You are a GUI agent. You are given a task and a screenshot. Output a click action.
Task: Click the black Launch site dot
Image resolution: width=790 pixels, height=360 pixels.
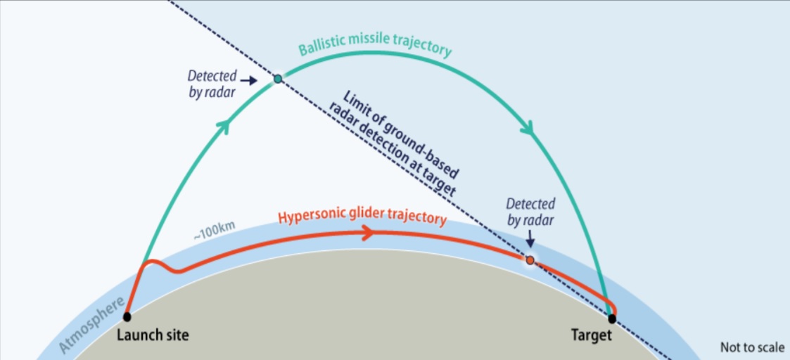[127, 316]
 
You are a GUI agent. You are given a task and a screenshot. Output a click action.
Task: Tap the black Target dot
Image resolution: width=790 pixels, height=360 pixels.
[612, 319]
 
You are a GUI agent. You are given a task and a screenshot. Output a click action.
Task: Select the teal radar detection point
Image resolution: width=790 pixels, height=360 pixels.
[278, 79]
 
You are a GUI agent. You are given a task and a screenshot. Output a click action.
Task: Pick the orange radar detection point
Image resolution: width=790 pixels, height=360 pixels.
[530, 259]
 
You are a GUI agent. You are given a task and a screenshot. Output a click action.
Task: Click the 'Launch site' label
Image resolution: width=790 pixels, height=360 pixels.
[148, 335]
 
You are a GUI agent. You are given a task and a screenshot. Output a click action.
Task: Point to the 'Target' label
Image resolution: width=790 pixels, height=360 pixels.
[592, 335]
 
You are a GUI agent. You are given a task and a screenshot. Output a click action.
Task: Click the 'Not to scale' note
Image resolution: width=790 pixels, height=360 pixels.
[752, 347]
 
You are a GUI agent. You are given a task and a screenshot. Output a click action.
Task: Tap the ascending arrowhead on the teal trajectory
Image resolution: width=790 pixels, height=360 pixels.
[224, 126]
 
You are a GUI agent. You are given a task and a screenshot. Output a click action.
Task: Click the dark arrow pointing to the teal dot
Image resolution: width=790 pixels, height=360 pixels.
[248, 80]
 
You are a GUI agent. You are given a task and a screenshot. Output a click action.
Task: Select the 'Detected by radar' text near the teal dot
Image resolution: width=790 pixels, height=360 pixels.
[212, 84]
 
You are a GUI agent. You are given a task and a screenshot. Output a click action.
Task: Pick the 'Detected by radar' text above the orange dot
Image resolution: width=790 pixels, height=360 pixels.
[530, 212]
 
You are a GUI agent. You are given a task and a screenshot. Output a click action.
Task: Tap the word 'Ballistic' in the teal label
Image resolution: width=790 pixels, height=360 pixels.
[319, 49]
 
